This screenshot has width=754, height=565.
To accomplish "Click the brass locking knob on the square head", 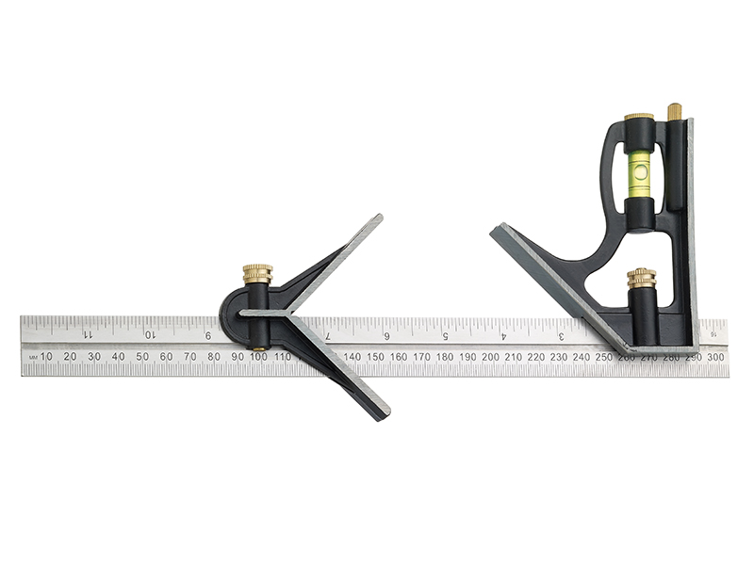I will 641,280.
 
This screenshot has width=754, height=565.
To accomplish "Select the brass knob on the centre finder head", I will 257,275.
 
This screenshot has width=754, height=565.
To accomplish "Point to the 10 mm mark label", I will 47,356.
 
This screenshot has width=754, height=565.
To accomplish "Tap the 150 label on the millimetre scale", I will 375,356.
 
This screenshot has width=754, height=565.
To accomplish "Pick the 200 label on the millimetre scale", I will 490,356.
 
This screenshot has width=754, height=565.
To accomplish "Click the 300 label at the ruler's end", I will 716,356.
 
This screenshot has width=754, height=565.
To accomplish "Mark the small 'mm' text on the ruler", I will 32,358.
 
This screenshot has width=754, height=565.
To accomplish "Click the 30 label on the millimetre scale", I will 94,356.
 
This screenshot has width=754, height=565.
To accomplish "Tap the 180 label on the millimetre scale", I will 444,356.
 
